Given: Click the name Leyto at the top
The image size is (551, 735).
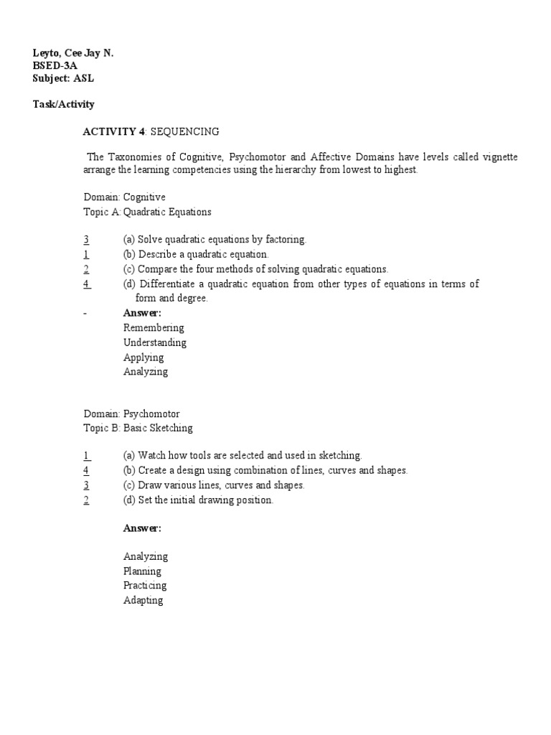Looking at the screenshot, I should pos(46,53).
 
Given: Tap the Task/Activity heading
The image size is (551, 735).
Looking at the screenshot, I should pos(63,104).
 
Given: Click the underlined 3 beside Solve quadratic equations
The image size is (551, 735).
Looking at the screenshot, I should pos(86,240).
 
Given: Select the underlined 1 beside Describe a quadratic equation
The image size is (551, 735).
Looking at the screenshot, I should pos(86,254).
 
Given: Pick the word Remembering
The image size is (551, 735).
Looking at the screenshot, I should pos(154,327).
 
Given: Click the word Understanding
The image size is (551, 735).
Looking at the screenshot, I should pos(155,342).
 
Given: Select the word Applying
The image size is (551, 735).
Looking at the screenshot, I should pos(143,357).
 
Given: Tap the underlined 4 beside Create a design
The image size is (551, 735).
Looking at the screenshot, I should pos(86,470).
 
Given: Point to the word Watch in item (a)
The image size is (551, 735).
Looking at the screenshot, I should pos(151,455).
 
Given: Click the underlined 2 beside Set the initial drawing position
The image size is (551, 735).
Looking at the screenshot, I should pos(86,500).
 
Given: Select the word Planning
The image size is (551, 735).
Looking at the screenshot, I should pos(142,571).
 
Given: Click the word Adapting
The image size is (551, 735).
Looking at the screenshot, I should pos(143,600).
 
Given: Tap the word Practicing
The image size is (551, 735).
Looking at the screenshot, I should pos(145,586).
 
